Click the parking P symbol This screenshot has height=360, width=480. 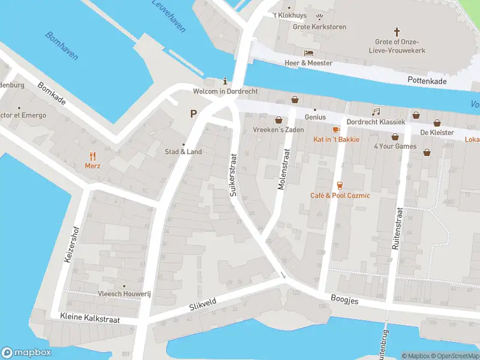point(193,113)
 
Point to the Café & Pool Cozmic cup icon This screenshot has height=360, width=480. point(340,185)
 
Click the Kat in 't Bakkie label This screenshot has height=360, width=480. point(336,139)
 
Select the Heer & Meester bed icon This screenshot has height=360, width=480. point(308,53)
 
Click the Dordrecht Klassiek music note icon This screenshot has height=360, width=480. point(376,112)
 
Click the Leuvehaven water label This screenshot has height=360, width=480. point(169,16)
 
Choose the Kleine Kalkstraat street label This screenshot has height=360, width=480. point(90,318)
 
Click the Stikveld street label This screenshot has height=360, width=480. point(203,304)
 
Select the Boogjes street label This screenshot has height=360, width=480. point(344,299)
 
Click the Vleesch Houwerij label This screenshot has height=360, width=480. point(124,294)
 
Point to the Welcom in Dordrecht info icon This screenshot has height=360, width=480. point(225,81)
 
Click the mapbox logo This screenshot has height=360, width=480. point(26,353)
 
